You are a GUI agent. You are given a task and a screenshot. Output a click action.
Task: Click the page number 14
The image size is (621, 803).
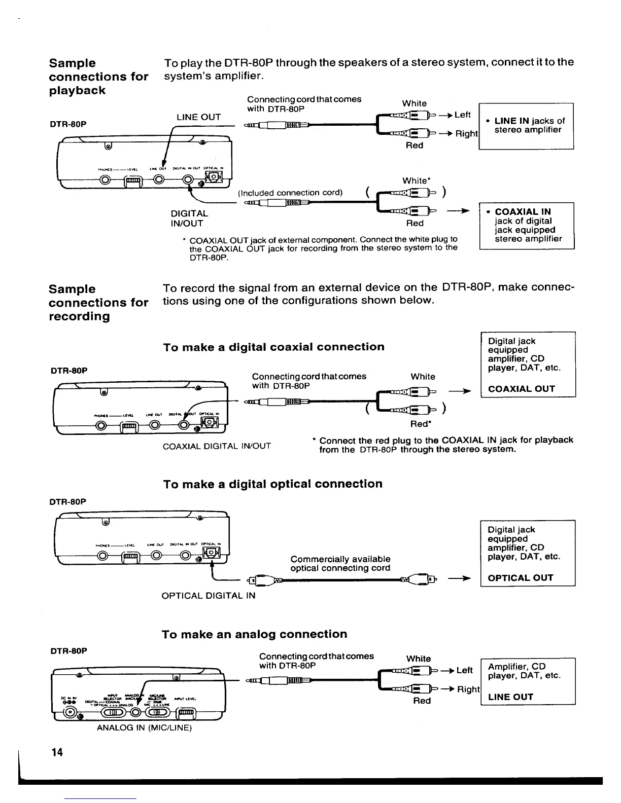[x=57, y=752]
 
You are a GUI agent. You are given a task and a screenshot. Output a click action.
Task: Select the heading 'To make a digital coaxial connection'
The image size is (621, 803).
[x=273, y=347]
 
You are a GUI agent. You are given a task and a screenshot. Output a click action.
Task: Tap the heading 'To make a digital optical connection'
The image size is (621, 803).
[x=272, y=484]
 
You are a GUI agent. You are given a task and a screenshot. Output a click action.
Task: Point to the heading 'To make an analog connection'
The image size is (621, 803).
[x=254, y=634]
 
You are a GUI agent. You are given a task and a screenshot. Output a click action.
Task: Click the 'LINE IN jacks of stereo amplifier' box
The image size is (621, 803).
[x=526, y=126]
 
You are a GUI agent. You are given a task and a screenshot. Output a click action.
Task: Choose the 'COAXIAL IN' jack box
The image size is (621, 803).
[x=526, y=225]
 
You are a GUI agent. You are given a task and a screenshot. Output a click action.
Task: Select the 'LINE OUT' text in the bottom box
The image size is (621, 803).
[x=510, y=697]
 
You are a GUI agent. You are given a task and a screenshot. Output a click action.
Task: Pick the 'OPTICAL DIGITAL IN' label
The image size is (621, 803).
[x=208, y=596]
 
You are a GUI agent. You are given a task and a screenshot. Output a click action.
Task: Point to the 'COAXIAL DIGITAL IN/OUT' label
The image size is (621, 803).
[x=217, y=446]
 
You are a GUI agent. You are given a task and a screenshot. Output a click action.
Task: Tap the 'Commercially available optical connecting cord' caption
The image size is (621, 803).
[x=340, y=563]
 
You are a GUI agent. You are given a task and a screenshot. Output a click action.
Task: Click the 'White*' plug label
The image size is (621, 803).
[x=416, y=181]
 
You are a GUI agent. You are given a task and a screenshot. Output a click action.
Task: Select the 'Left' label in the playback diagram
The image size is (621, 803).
[x=463, y=115]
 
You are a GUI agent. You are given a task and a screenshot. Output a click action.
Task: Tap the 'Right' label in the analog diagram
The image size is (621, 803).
[x=468, y=689]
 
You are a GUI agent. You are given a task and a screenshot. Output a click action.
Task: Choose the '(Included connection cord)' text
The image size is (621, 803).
[x=290, y=193]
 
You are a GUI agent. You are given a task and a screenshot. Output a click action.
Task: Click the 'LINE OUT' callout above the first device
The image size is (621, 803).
[x=198, y=117]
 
